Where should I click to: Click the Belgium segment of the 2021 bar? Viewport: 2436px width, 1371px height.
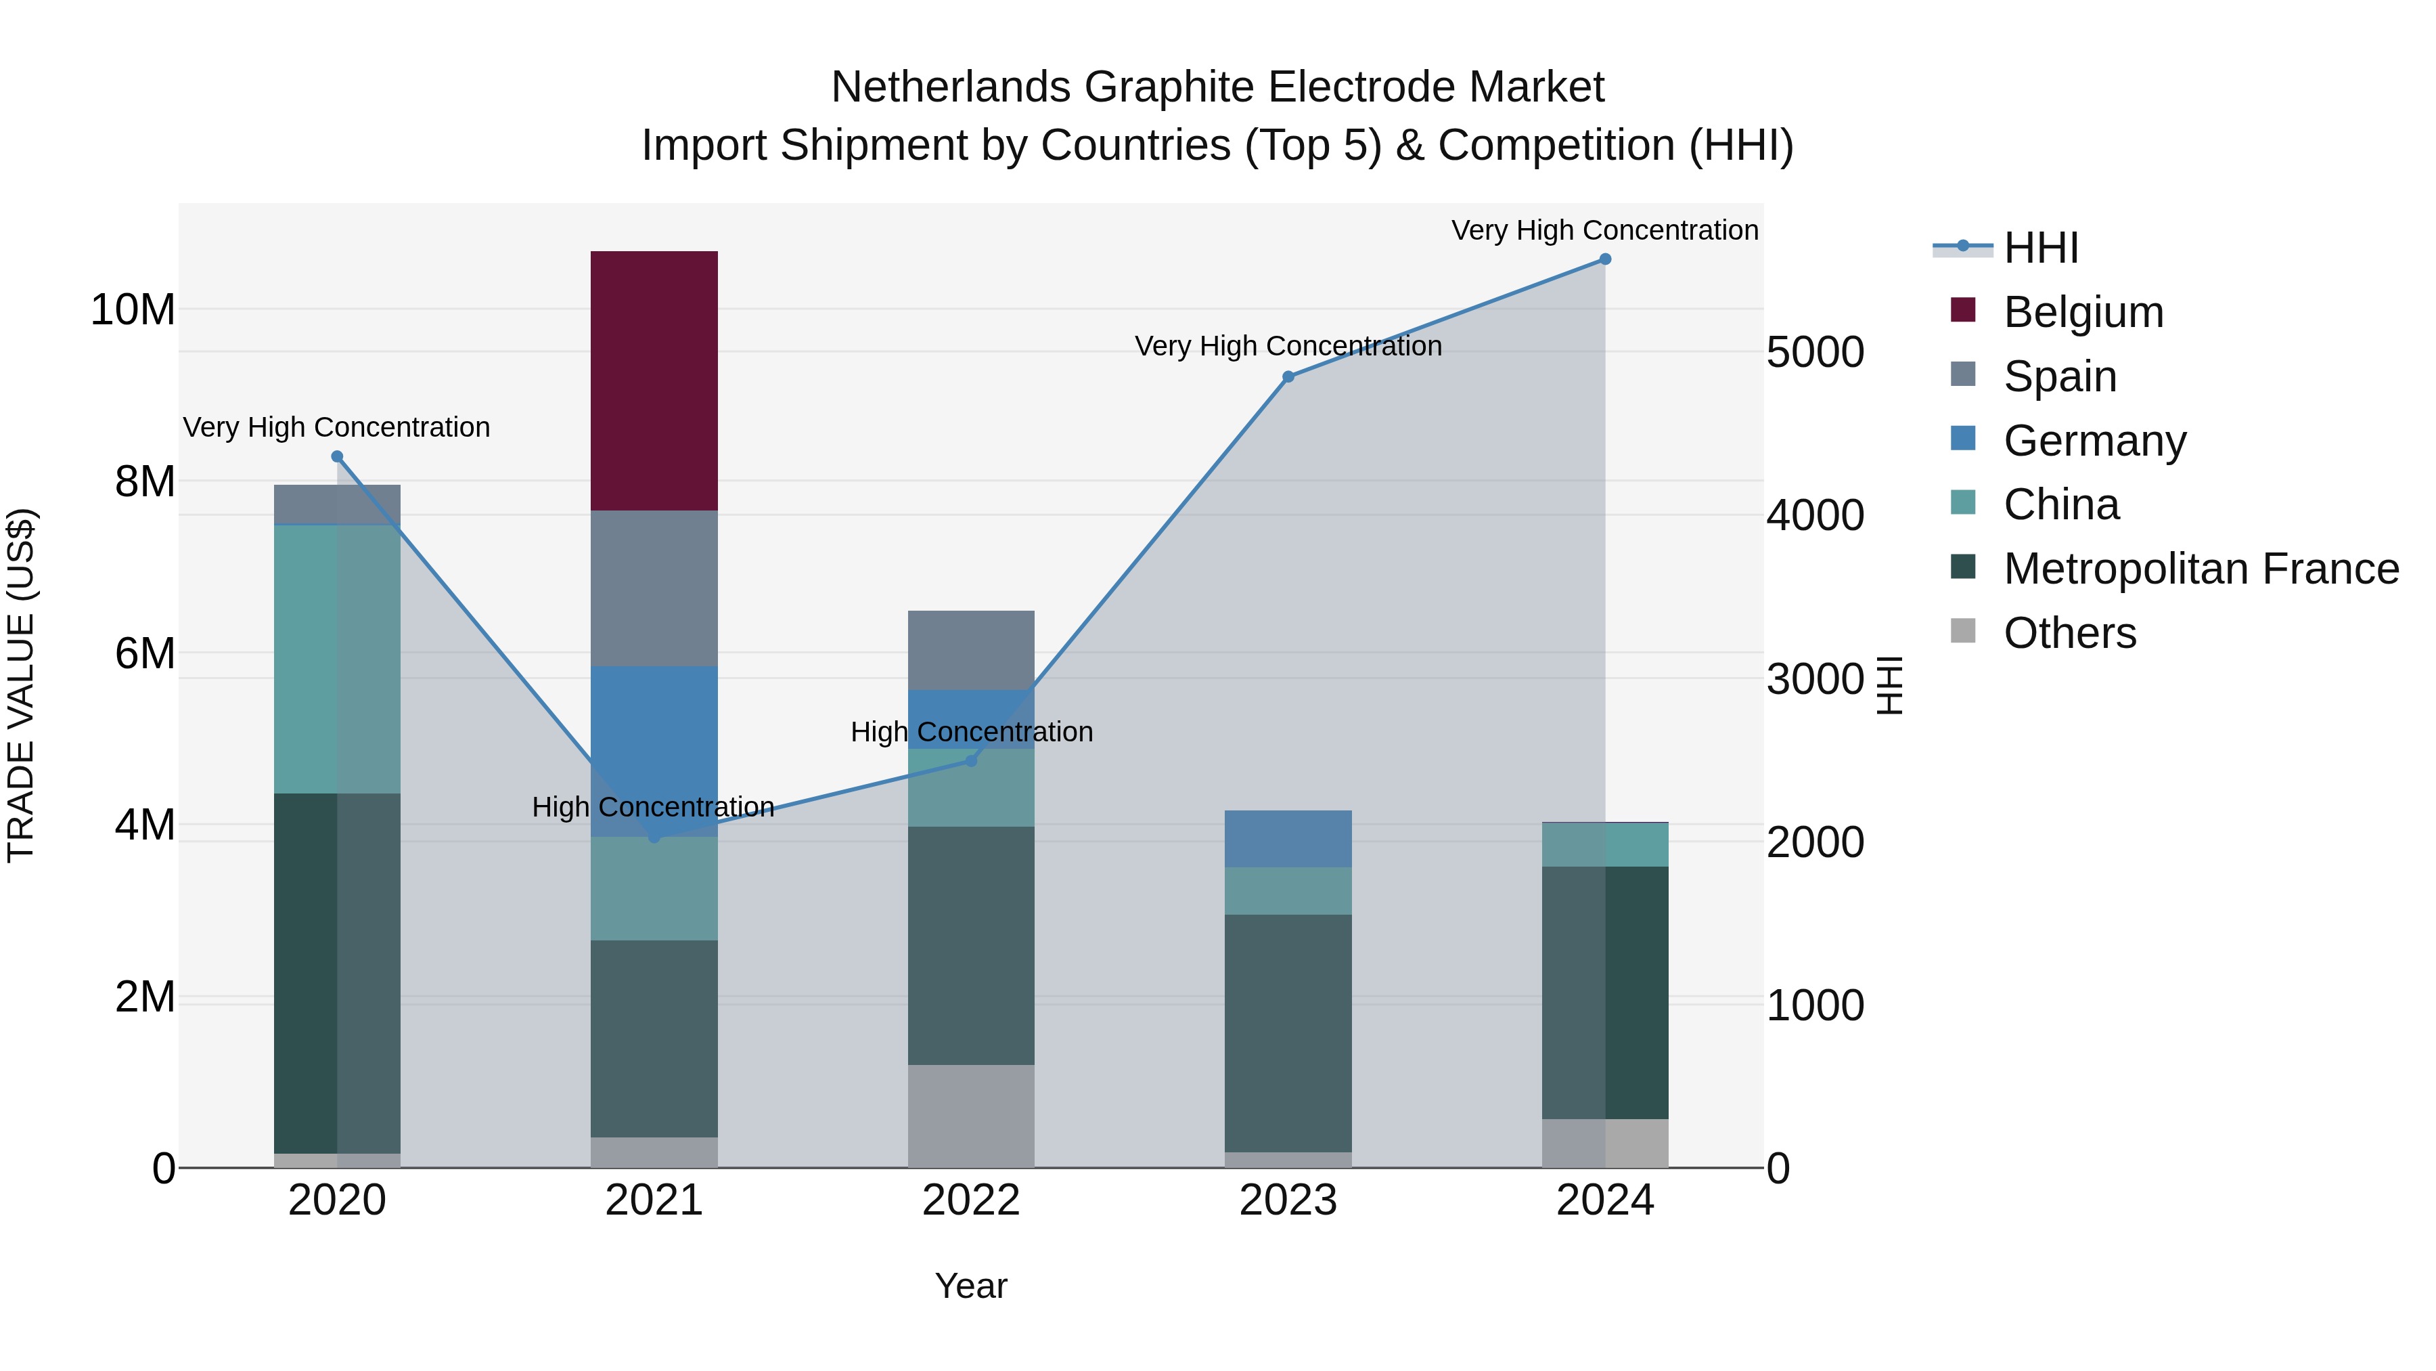(x=654, y=380)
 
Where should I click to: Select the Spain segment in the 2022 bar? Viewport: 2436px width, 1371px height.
(x=970, y=650)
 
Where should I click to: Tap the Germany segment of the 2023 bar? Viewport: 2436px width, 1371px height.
(x=1287, y=838)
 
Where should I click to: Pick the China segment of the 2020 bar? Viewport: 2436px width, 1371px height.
(x=337, y=659)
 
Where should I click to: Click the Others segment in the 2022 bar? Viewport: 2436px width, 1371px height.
(x=970, y=1116)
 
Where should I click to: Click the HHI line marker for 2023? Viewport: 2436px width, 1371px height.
(x=1287, y=376)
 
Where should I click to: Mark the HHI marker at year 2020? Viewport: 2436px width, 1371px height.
(x=337, y=457)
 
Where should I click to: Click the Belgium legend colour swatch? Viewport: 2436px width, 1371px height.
(x=1962, y=310)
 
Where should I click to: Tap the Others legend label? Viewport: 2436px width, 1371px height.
(x=2069, y=633)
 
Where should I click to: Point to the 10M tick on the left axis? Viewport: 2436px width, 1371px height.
(x=133, y=309)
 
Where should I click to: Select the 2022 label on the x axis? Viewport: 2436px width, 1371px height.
(x=970, y=1200)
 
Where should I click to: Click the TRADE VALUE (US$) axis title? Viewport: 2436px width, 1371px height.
(x=21, y=685)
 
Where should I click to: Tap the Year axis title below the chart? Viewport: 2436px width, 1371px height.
(x=970, y=1286)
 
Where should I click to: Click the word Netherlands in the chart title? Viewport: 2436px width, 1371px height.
(x=951, y=87)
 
